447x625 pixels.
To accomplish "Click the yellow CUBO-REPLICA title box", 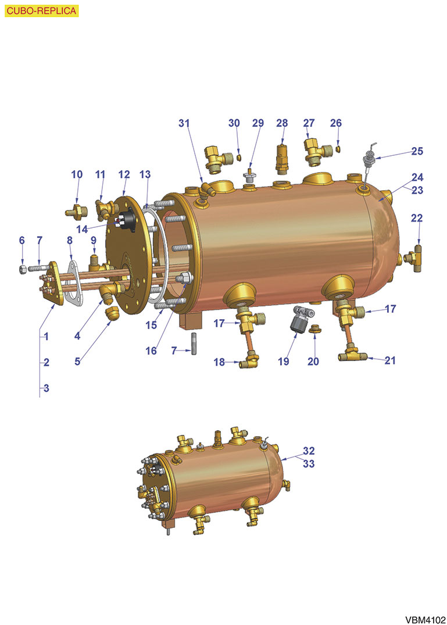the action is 41,11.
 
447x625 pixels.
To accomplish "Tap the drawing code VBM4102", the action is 425,620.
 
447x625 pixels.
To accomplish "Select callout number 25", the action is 417,151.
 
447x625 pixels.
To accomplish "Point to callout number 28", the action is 282,123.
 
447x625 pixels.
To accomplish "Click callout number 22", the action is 417,218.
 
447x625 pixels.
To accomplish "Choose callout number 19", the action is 283,361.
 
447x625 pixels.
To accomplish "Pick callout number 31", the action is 184,123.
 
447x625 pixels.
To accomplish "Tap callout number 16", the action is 151,351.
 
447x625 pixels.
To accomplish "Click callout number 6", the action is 22,240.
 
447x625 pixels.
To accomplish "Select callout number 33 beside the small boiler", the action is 309,463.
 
